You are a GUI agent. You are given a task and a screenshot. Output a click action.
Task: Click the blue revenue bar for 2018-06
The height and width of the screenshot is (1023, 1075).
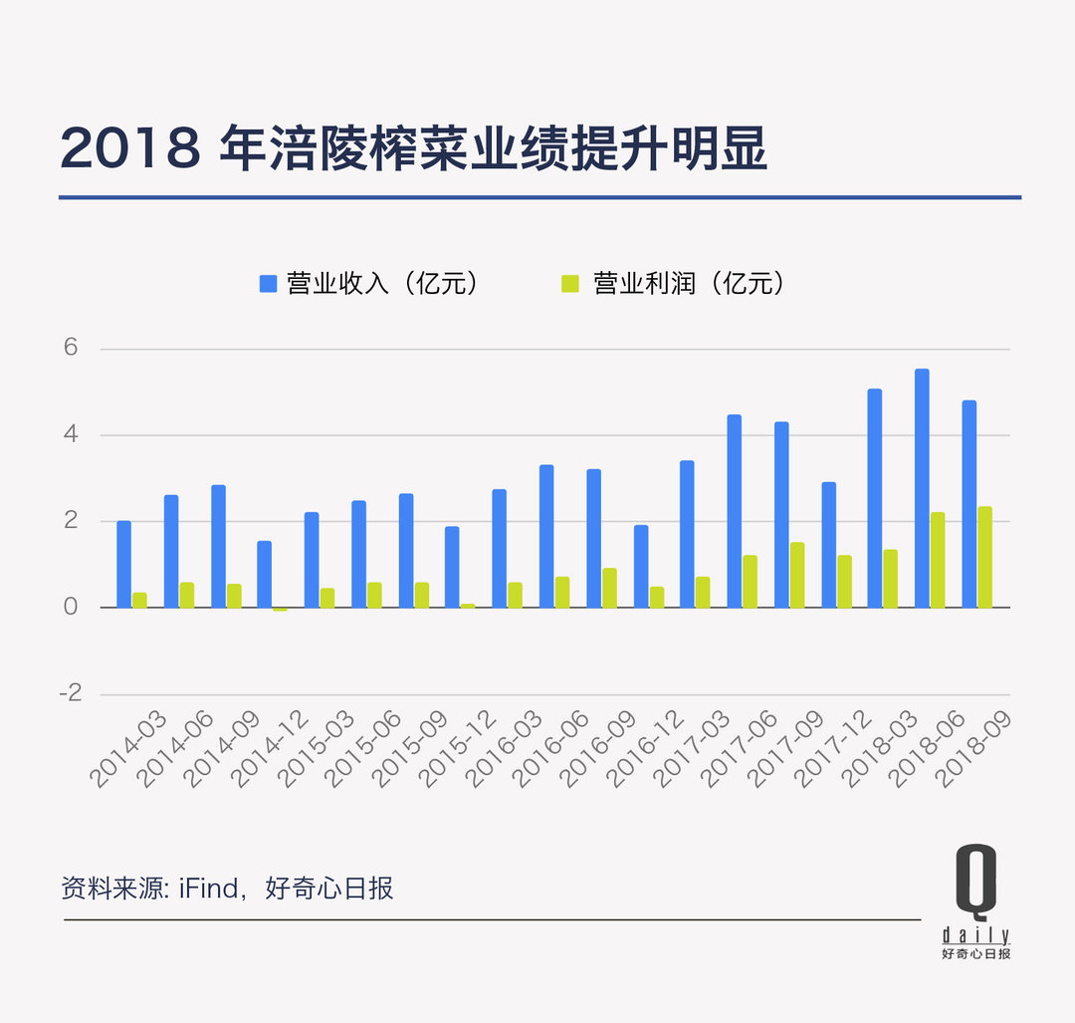[922, 488]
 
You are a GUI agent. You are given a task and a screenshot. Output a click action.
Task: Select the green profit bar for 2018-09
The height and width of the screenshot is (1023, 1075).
[984, 557]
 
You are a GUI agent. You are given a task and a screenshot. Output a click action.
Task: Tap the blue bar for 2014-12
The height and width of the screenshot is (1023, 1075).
[264, 574]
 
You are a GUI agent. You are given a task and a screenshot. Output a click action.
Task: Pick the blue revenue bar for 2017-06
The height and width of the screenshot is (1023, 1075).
[734, 511]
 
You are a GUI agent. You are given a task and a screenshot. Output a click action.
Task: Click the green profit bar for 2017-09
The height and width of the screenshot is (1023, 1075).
[797, 575]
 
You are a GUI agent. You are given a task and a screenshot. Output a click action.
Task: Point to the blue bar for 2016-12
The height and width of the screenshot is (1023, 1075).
[641, 566]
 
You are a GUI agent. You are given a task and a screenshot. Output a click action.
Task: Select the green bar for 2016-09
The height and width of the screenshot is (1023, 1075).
[609, 588]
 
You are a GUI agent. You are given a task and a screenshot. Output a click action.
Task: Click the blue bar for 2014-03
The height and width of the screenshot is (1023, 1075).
[123, 564]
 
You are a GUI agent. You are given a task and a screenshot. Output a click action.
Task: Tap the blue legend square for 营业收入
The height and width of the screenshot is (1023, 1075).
[268, 284]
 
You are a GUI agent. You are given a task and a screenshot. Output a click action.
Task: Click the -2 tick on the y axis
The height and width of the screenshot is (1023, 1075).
[70, 693]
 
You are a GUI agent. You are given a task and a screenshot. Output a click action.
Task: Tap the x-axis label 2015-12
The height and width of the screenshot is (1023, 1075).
[456, 749]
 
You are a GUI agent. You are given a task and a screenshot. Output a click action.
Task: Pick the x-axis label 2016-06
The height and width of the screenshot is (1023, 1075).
[548, 749]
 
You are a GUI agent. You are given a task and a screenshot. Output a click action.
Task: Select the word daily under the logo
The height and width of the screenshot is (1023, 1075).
[975, 935]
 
